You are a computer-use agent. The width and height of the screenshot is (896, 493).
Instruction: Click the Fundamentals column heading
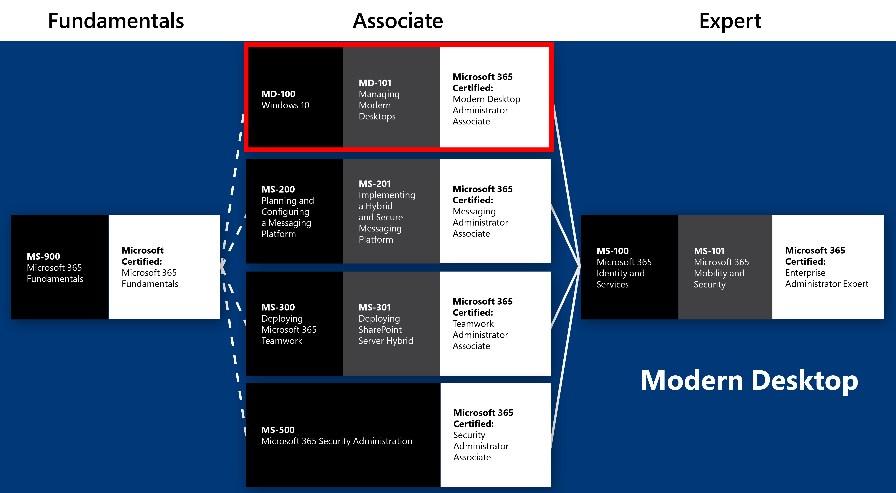(116, 21)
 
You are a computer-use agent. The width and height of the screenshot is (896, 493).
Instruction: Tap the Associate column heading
(398, 21)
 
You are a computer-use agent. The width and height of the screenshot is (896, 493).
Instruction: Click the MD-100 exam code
(278, 94)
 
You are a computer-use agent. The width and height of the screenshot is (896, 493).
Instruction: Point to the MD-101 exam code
(375, 83)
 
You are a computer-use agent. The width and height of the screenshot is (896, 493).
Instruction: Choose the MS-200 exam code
(278, 189)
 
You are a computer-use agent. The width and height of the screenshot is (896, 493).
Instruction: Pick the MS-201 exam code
(375, 184)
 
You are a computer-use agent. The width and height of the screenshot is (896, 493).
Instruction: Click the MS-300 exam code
(278, 307)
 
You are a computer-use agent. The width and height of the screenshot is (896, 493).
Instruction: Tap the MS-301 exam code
(375, 307)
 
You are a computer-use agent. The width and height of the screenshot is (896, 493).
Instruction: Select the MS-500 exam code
(278, 430)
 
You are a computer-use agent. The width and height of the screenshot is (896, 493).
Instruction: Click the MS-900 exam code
(44, 257)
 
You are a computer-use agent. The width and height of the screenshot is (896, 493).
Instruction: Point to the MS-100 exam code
(613, 251)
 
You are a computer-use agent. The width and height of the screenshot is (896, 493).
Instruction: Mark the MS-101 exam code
(709, 251)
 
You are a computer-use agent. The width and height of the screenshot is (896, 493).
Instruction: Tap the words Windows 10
(285, 105)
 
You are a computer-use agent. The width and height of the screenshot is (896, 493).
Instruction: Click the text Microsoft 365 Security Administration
(337, 441)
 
